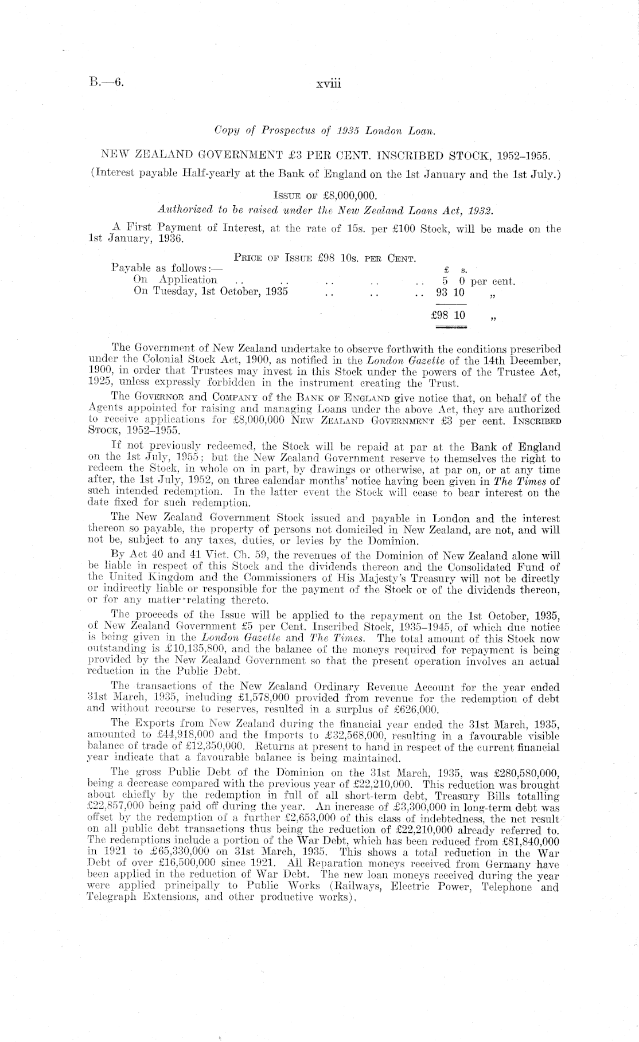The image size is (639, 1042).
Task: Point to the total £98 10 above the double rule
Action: click(x=449, y=315)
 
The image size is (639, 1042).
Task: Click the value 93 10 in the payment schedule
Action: click(x=450, y=292)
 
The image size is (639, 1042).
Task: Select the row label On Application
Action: click(x=175, y=280)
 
